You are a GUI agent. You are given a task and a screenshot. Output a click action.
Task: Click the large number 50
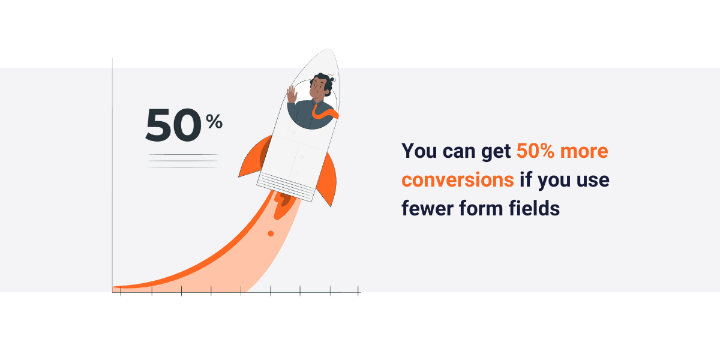pyautogui.click(x=173, y=125)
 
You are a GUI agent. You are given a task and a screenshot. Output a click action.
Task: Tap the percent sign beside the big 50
pyautogui.click(x=214, y=122)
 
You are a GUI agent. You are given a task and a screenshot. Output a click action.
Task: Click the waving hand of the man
pyautogui.click(x=292, y=94)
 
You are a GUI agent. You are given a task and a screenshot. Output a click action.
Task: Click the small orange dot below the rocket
pyautogui.click(x=271, y=233)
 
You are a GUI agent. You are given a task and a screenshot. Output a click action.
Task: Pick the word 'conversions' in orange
pyautogui.click(x=457, y=179)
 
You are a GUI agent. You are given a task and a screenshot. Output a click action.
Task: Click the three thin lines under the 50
pyautogui.click(x=183, y=161)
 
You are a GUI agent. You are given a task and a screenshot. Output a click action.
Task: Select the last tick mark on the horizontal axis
pyautogui.click(x=358, y=291)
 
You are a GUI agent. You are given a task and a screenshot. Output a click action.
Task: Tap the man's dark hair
pyautogui.click(x=322, y=79)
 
